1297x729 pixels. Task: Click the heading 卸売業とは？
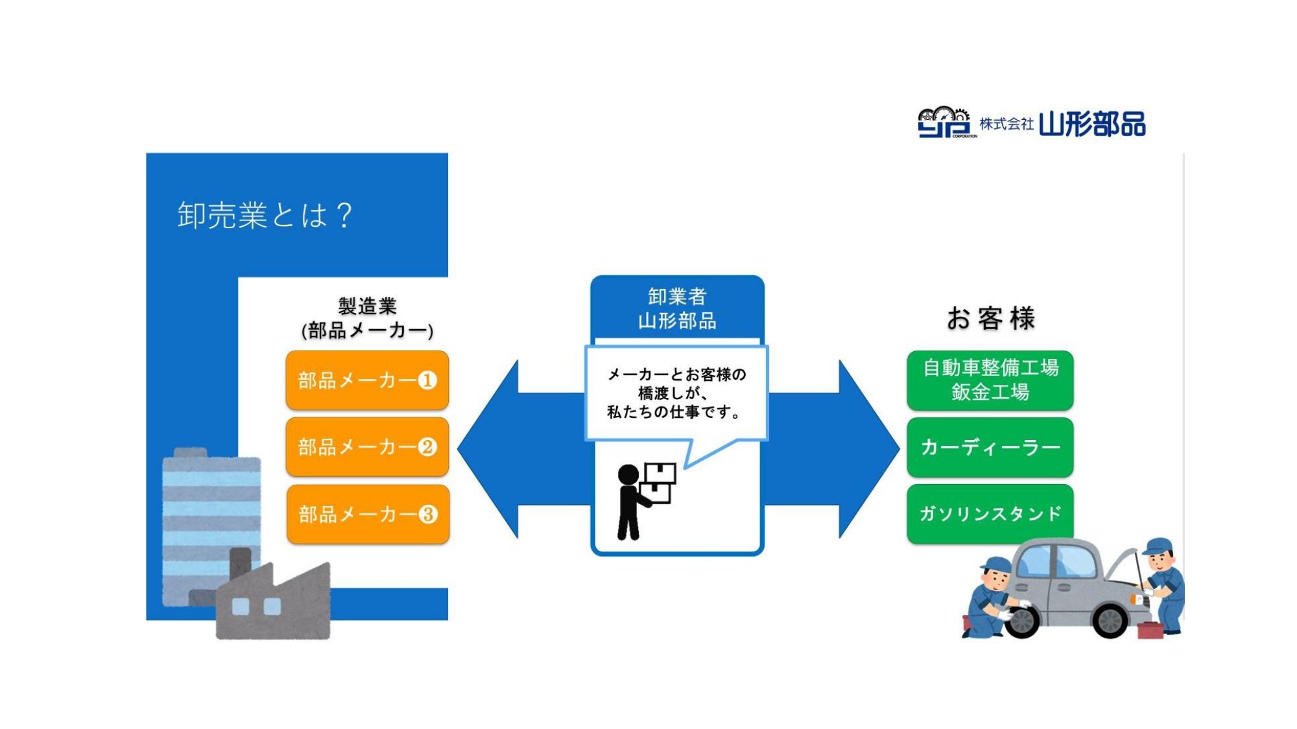(x=265, y=215)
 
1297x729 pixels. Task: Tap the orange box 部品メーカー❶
(x=367, y=380)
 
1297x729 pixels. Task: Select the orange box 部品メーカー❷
(x=367, y=447)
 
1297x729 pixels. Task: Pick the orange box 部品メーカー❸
(x=368, y=514)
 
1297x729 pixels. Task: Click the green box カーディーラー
(x=990, y=447)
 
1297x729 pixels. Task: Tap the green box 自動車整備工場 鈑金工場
(x=990, y=380)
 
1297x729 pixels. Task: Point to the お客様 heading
(x=990, y=318)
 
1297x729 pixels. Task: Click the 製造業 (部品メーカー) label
(x=367, y=318)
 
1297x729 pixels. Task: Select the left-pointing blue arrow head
(x=488, y=448)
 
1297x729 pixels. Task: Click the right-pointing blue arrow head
(x=869, y=448)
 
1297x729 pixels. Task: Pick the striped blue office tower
(x=211, y=525)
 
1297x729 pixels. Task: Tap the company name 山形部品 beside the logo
(x=1092, y=123)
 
